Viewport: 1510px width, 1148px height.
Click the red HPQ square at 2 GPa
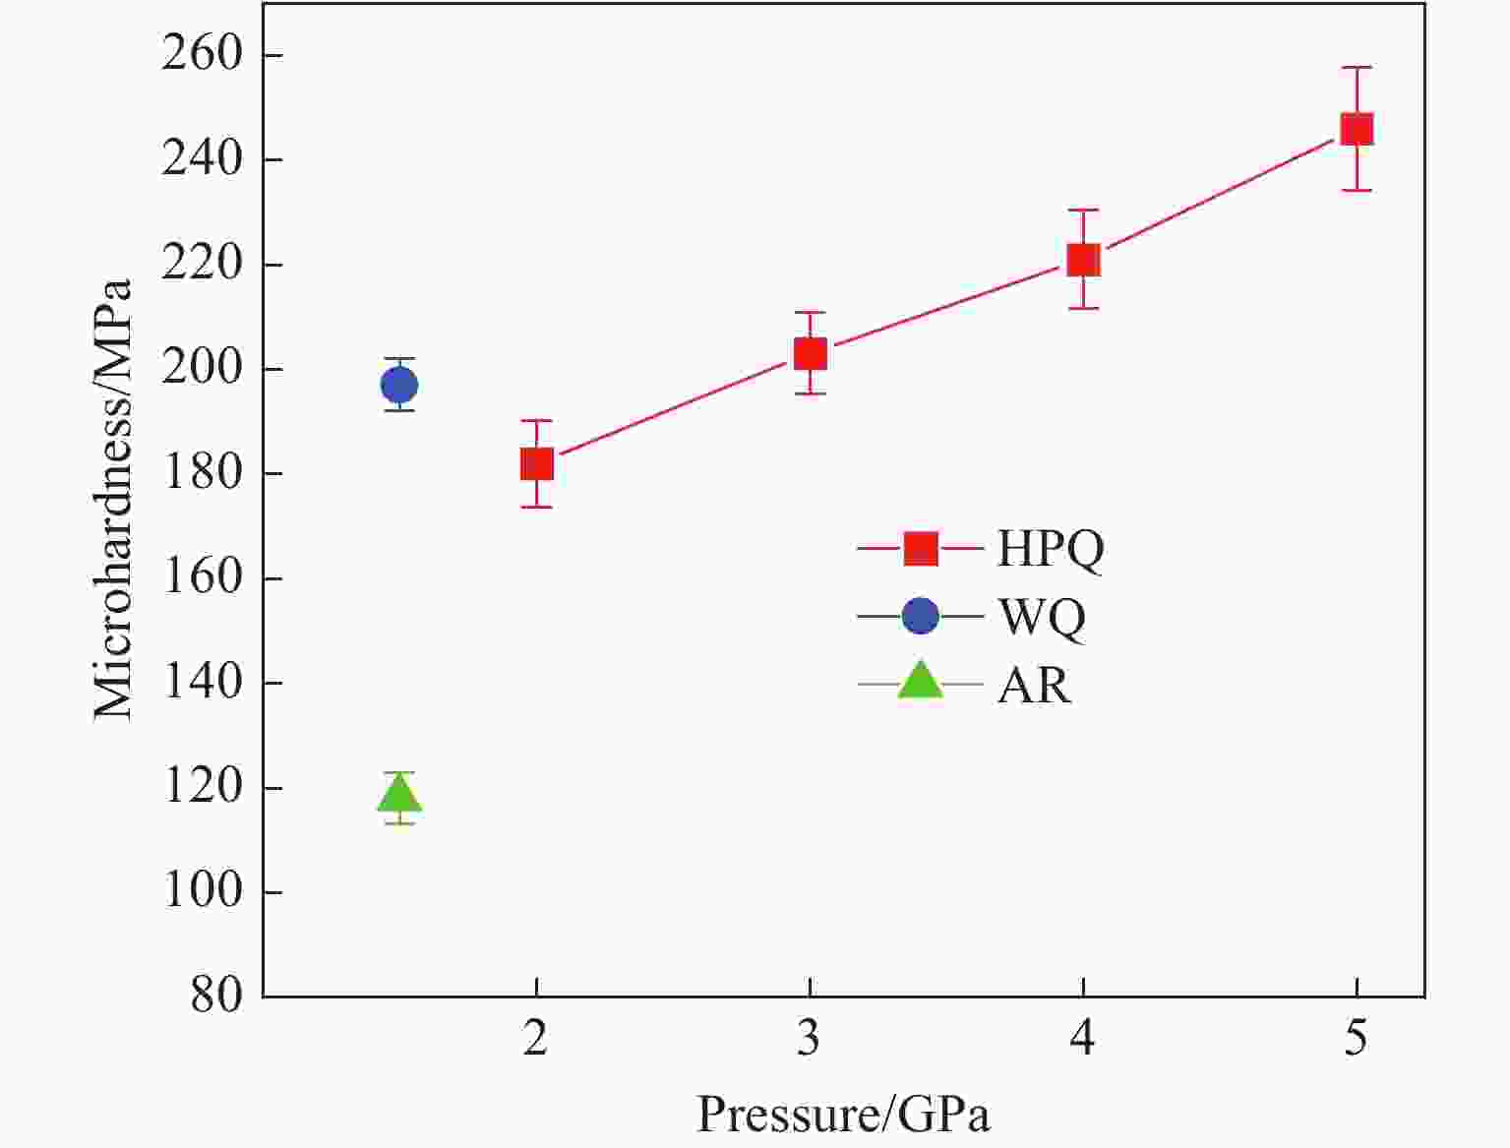pos(536,463)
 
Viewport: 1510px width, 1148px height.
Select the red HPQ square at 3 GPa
pos(810,353)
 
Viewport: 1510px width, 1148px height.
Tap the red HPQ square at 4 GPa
pos(1083,260)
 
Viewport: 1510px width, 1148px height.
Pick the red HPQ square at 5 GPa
pos(1357,129)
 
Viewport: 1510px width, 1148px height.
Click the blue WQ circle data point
pos(399,385)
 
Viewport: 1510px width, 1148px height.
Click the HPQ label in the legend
pos(1051,549)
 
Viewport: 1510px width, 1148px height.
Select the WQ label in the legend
pos(1042,617)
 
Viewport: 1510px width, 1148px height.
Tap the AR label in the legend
pos(1034,685)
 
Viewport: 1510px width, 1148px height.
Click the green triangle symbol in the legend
pos(921,681)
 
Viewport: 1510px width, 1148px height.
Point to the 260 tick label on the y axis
pos(202,54)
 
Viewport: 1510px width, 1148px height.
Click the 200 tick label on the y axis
pos(202,369)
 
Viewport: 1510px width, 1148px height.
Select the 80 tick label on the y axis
pos(216,996)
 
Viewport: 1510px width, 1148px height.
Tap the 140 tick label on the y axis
pos(202,682)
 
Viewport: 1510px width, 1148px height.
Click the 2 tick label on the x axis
pos(535,1038)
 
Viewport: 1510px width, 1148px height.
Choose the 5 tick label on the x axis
pos(1357,1038)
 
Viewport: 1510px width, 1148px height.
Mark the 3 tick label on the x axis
pos(809,1038)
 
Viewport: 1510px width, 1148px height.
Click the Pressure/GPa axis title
pos(843,1115)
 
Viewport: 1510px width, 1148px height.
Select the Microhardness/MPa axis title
pos(113,500)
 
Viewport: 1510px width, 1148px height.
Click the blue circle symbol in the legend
pos(921,616)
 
